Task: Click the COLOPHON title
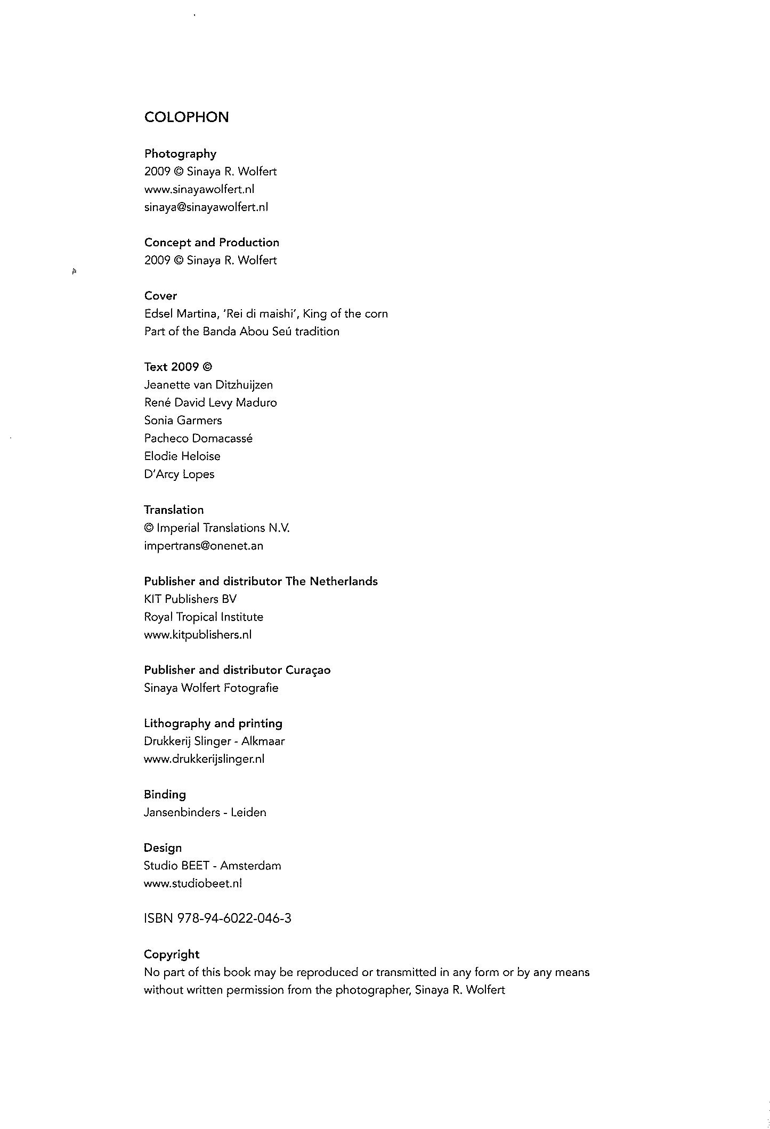[x=187, y=117]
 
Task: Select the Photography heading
[x=180, y=154]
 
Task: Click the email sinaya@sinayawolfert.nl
[x=206, y=207]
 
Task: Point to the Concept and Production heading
[x=212, y=243]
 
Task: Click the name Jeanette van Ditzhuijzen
[x=208, y=385]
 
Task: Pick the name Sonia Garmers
[x=183, y=421]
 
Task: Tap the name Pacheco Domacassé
[x=198, y=438]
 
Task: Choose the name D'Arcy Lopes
[x=179, y=474]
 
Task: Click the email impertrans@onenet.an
[x=204, y=546]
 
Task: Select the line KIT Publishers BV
[x=190, y=599]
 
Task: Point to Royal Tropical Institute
[x=204, y=617]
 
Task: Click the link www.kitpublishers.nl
[x=198, y=635]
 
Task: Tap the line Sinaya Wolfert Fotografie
[x=211, y=688]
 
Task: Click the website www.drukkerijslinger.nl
[x=204, y=759]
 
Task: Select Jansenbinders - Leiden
[x=205, y=812]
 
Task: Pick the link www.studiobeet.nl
[x=193, y=883]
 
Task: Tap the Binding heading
[x=165, y=795]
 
